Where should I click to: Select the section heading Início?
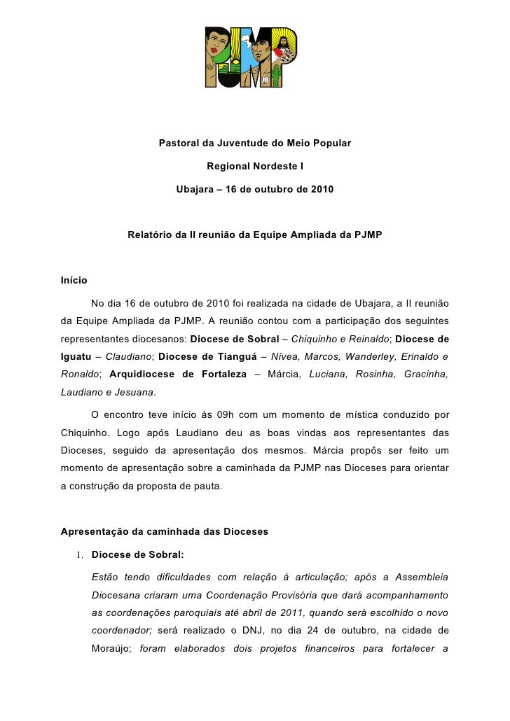point(74,280)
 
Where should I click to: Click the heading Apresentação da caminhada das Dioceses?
point(165,531)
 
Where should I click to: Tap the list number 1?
point(81,556)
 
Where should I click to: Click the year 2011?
point(286,612)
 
